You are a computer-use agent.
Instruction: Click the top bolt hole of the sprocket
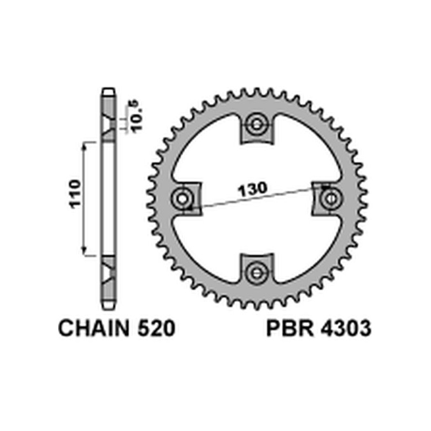(256, 126)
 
